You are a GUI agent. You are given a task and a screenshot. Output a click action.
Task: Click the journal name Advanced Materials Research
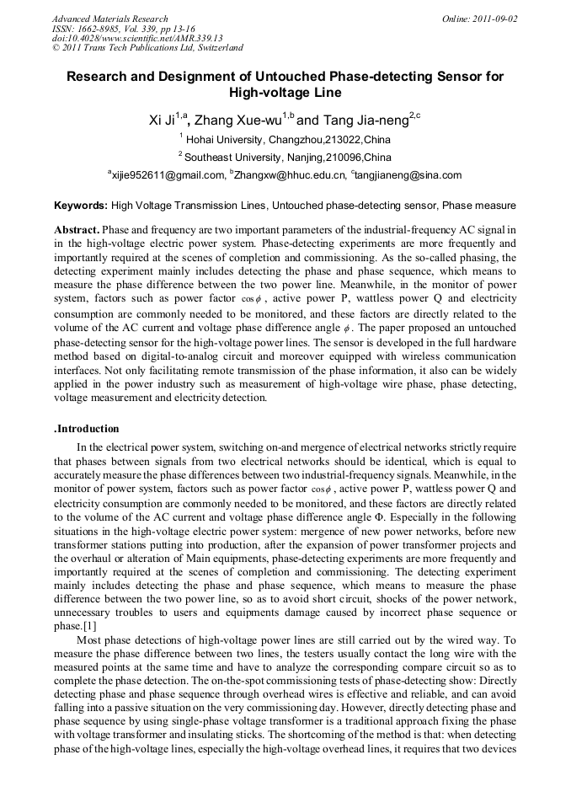point(109,19)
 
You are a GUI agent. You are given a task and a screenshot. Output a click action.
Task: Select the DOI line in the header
point(137,38)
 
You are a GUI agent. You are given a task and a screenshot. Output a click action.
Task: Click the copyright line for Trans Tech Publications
point(147,48)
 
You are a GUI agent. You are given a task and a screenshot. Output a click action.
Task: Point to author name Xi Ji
point(163,120)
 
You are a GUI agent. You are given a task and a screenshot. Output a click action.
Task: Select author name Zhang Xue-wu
point(239,120)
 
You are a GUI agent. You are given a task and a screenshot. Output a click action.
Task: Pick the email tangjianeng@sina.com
point(408,175)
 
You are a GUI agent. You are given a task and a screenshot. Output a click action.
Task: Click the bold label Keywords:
point(81,205)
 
